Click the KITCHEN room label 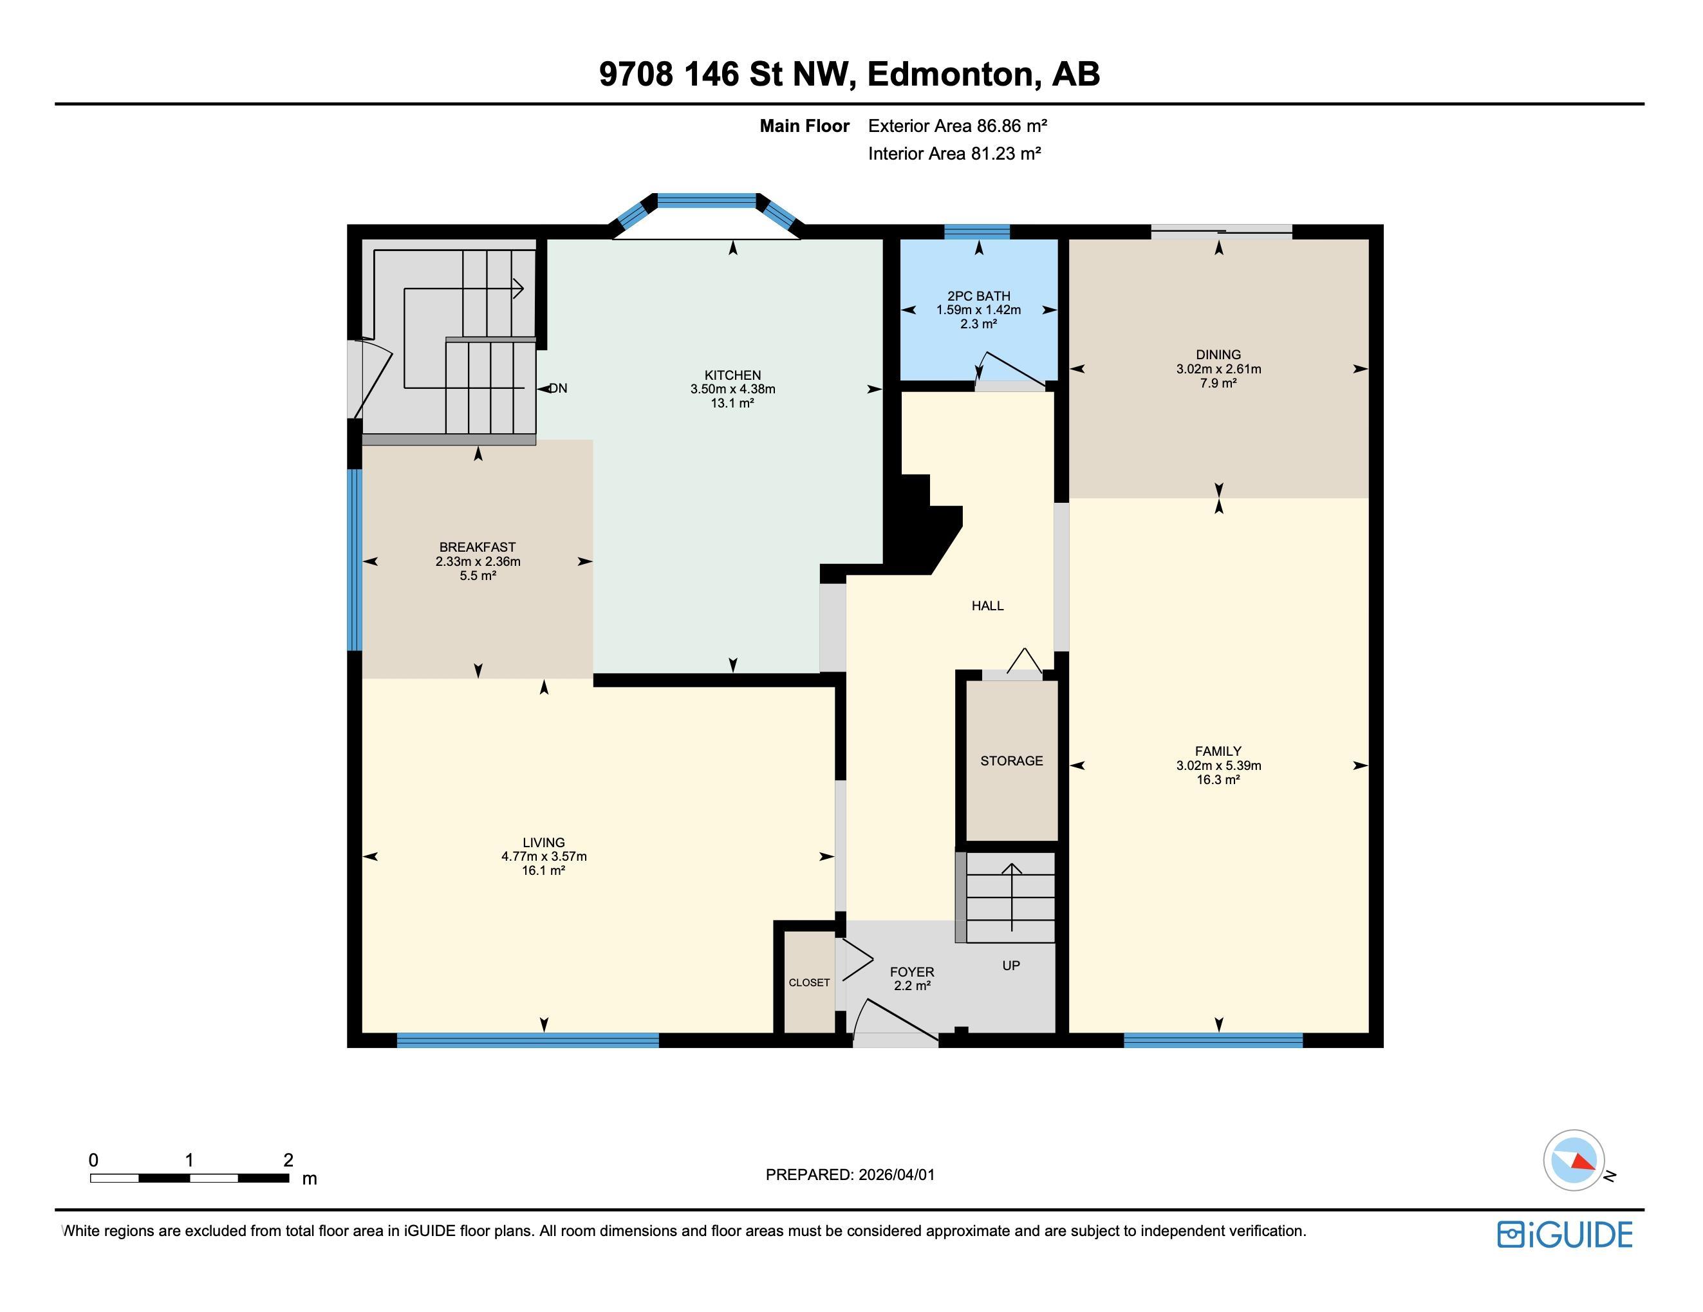[x=732, y=375]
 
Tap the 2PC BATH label [x=978, y=295]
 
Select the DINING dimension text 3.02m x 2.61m [x=1218, y=369]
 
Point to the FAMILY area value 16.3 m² [x=1218, y=779]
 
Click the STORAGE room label [x=1011, y=760]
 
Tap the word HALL [x=987, y=605]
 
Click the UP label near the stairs [x=1010, y=966]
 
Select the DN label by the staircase [x=558, y=388]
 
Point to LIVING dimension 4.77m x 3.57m [x=543, y=856]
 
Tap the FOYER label [x=911, y=972]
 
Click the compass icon [x=1574, y=1160]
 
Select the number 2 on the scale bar [x=288, y=1160]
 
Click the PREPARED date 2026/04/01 [x=896, y=1175]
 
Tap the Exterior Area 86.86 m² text [x=957, y=126]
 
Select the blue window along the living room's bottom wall [x=528, y=1040]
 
